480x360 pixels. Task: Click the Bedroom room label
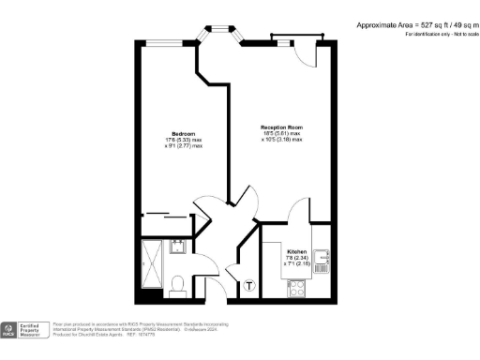(x=170, y=133)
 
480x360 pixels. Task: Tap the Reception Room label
(x=281, y=127)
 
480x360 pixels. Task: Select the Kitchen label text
(x=296, y=252)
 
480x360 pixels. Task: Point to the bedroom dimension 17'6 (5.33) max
(x=170, y=141)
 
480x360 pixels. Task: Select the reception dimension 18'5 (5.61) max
(x=281, y=134)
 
